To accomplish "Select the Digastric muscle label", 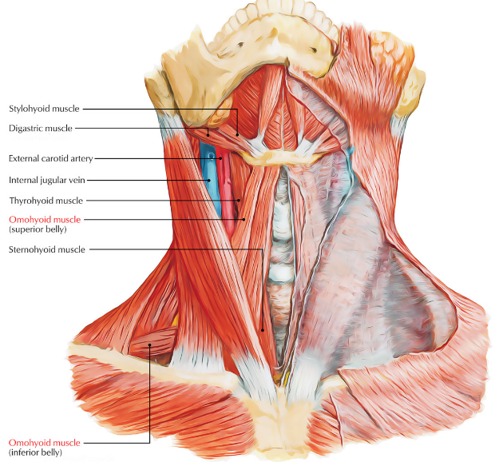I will [40, 128].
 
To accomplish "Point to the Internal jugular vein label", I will [46, 179].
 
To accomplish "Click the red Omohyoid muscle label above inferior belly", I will [44, 442].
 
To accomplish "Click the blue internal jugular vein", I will [210, 192].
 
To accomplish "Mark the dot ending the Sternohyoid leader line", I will [262, 327].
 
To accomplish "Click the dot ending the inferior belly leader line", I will [150, 345].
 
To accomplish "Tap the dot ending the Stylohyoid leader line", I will [237, 133].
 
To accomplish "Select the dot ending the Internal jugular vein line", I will [209, 179].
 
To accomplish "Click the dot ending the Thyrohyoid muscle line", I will [239, 200].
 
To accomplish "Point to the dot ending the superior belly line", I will [243, 219].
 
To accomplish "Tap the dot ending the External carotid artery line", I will [220, 158].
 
